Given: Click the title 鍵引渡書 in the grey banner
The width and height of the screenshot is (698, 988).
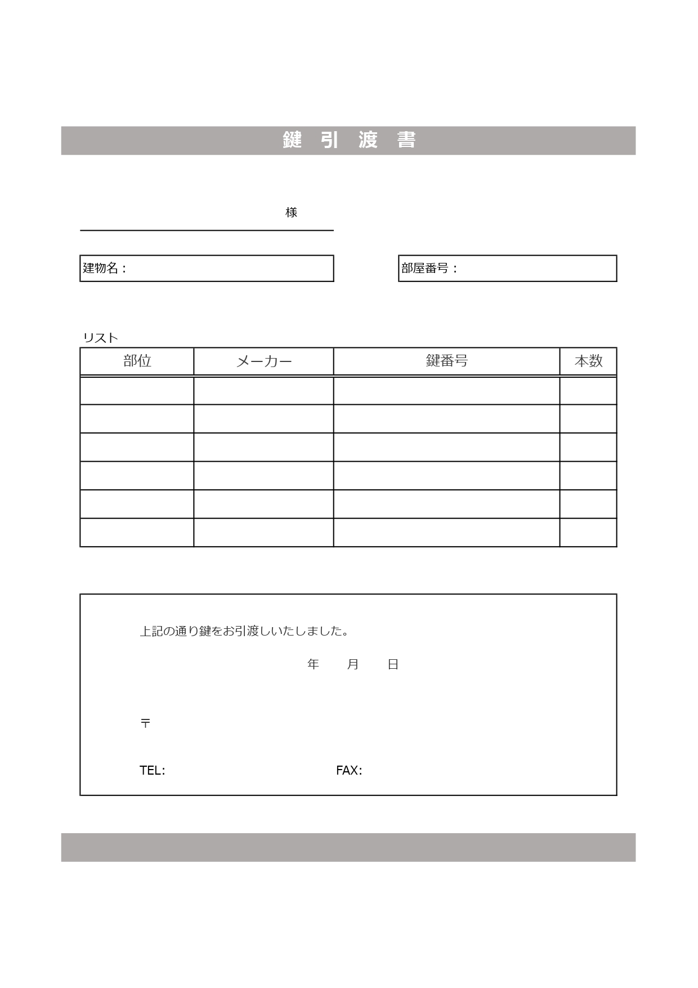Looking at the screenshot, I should click(348, 140).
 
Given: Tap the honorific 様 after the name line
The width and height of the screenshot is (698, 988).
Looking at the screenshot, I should click(291, 212).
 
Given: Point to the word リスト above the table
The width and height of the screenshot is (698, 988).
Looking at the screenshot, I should click(100, 338).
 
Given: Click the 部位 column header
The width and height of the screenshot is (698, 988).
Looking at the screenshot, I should click(137, 361).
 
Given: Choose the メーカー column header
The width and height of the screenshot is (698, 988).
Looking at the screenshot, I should click(263, 361).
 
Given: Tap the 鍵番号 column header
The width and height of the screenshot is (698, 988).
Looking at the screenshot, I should click(446, 361).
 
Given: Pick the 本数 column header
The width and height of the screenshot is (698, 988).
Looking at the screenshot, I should click(588, 361).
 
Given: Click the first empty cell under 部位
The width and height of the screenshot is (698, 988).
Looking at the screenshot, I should click(137, 391).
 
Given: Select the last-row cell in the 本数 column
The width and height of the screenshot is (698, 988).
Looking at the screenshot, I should click(588, 533).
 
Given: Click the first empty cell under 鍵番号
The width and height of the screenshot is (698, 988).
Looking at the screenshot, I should click(446, 391).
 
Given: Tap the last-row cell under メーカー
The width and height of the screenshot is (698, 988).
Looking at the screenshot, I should click(263, 533).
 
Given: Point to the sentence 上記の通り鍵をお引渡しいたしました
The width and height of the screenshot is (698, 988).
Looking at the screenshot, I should click(244, 631).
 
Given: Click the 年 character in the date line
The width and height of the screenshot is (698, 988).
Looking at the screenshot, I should click(313, 664).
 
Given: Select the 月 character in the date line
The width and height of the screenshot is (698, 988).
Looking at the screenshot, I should click(353, 664).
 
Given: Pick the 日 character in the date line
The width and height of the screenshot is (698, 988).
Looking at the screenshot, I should click(393, 664).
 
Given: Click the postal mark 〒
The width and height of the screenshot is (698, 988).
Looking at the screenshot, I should click(145, 723).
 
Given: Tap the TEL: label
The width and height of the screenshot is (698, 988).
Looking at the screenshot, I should click(152, 770).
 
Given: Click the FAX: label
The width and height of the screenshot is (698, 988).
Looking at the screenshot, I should click(349, 770).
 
